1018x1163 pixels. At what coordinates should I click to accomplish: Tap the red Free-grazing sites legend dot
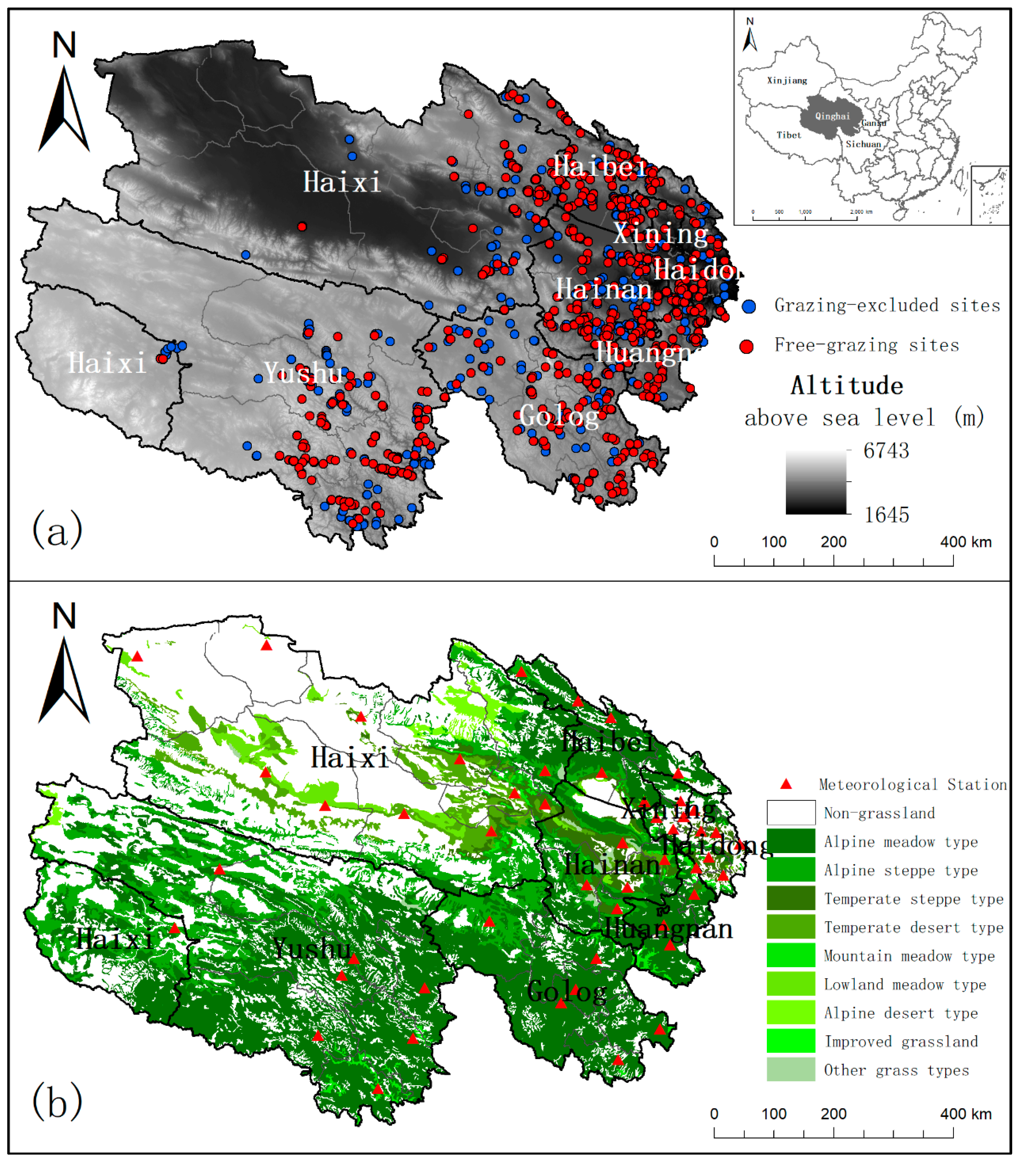(747, 346)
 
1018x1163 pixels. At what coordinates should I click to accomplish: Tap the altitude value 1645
(886, 515)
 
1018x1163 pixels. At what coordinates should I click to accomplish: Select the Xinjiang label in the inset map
(787, 81)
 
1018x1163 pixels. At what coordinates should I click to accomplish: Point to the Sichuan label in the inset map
(863, 144)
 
